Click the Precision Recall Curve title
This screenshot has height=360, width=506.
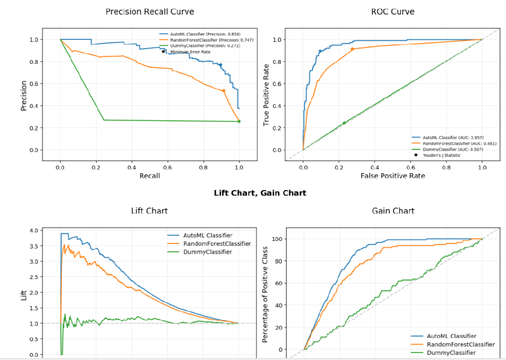(149, 12)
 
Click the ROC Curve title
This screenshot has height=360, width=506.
(393, 12)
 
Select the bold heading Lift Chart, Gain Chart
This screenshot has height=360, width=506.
(260, 193)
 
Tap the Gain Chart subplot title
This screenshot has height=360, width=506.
(393, 211)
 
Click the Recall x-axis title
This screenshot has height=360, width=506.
(149, 176)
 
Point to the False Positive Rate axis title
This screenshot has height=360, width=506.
(393, 176)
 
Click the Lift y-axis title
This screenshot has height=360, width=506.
(23, 294)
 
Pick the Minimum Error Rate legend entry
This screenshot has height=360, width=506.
(190, 51)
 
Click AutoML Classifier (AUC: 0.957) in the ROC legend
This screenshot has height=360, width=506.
(452, 137)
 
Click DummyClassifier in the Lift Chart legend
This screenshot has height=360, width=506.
(208, 252)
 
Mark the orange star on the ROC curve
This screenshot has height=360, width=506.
(352, 49)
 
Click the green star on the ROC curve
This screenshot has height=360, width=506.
(344, 123)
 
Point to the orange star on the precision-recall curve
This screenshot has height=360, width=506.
(223, 91)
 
